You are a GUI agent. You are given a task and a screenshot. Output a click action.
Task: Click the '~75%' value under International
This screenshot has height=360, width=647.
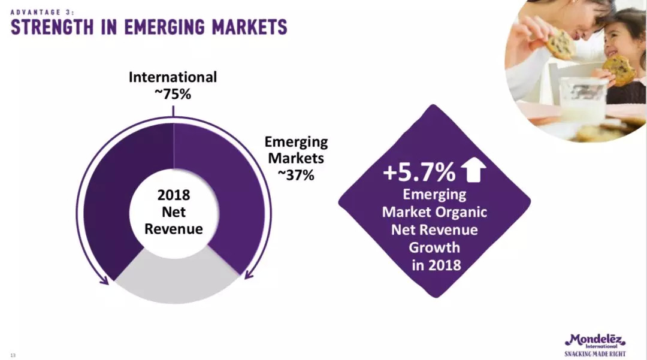click(x=173, y=94)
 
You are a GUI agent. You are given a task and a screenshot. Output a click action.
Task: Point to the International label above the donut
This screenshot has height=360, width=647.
click(x=173, y=77)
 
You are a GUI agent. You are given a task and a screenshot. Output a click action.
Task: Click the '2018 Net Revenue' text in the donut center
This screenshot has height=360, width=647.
click(x=173, y=212)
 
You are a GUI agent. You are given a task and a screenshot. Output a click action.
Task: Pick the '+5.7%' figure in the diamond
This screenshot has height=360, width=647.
click(x=419, y=173)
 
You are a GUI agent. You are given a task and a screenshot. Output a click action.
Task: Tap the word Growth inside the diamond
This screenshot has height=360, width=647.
click(x=434, y=247)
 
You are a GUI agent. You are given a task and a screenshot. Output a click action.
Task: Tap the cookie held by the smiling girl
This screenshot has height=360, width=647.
click(x=619, y=69)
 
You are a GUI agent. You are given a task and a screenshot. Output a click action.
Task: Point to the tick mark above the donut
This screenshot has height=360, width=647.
click(x=173, y=111)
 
